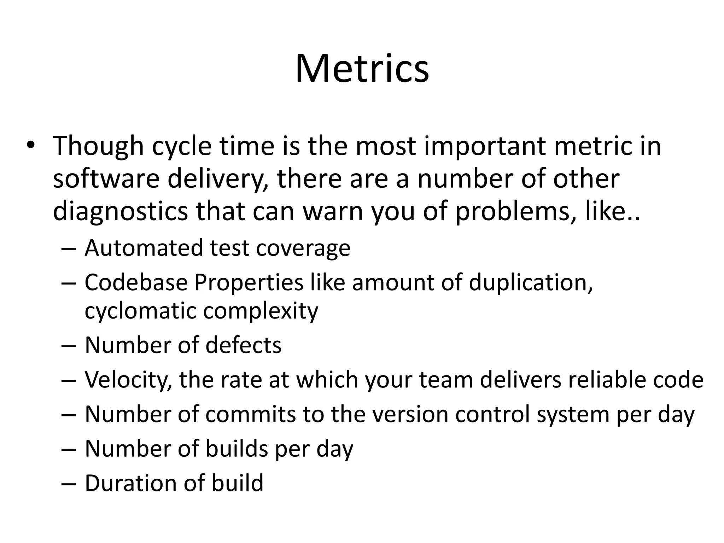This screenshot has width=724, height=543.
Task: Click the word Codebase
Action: [136, 282]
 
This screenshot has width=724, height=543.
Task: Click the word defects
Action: [243, 345]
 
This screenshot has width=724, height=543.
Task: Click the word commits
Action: [250, 414]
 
